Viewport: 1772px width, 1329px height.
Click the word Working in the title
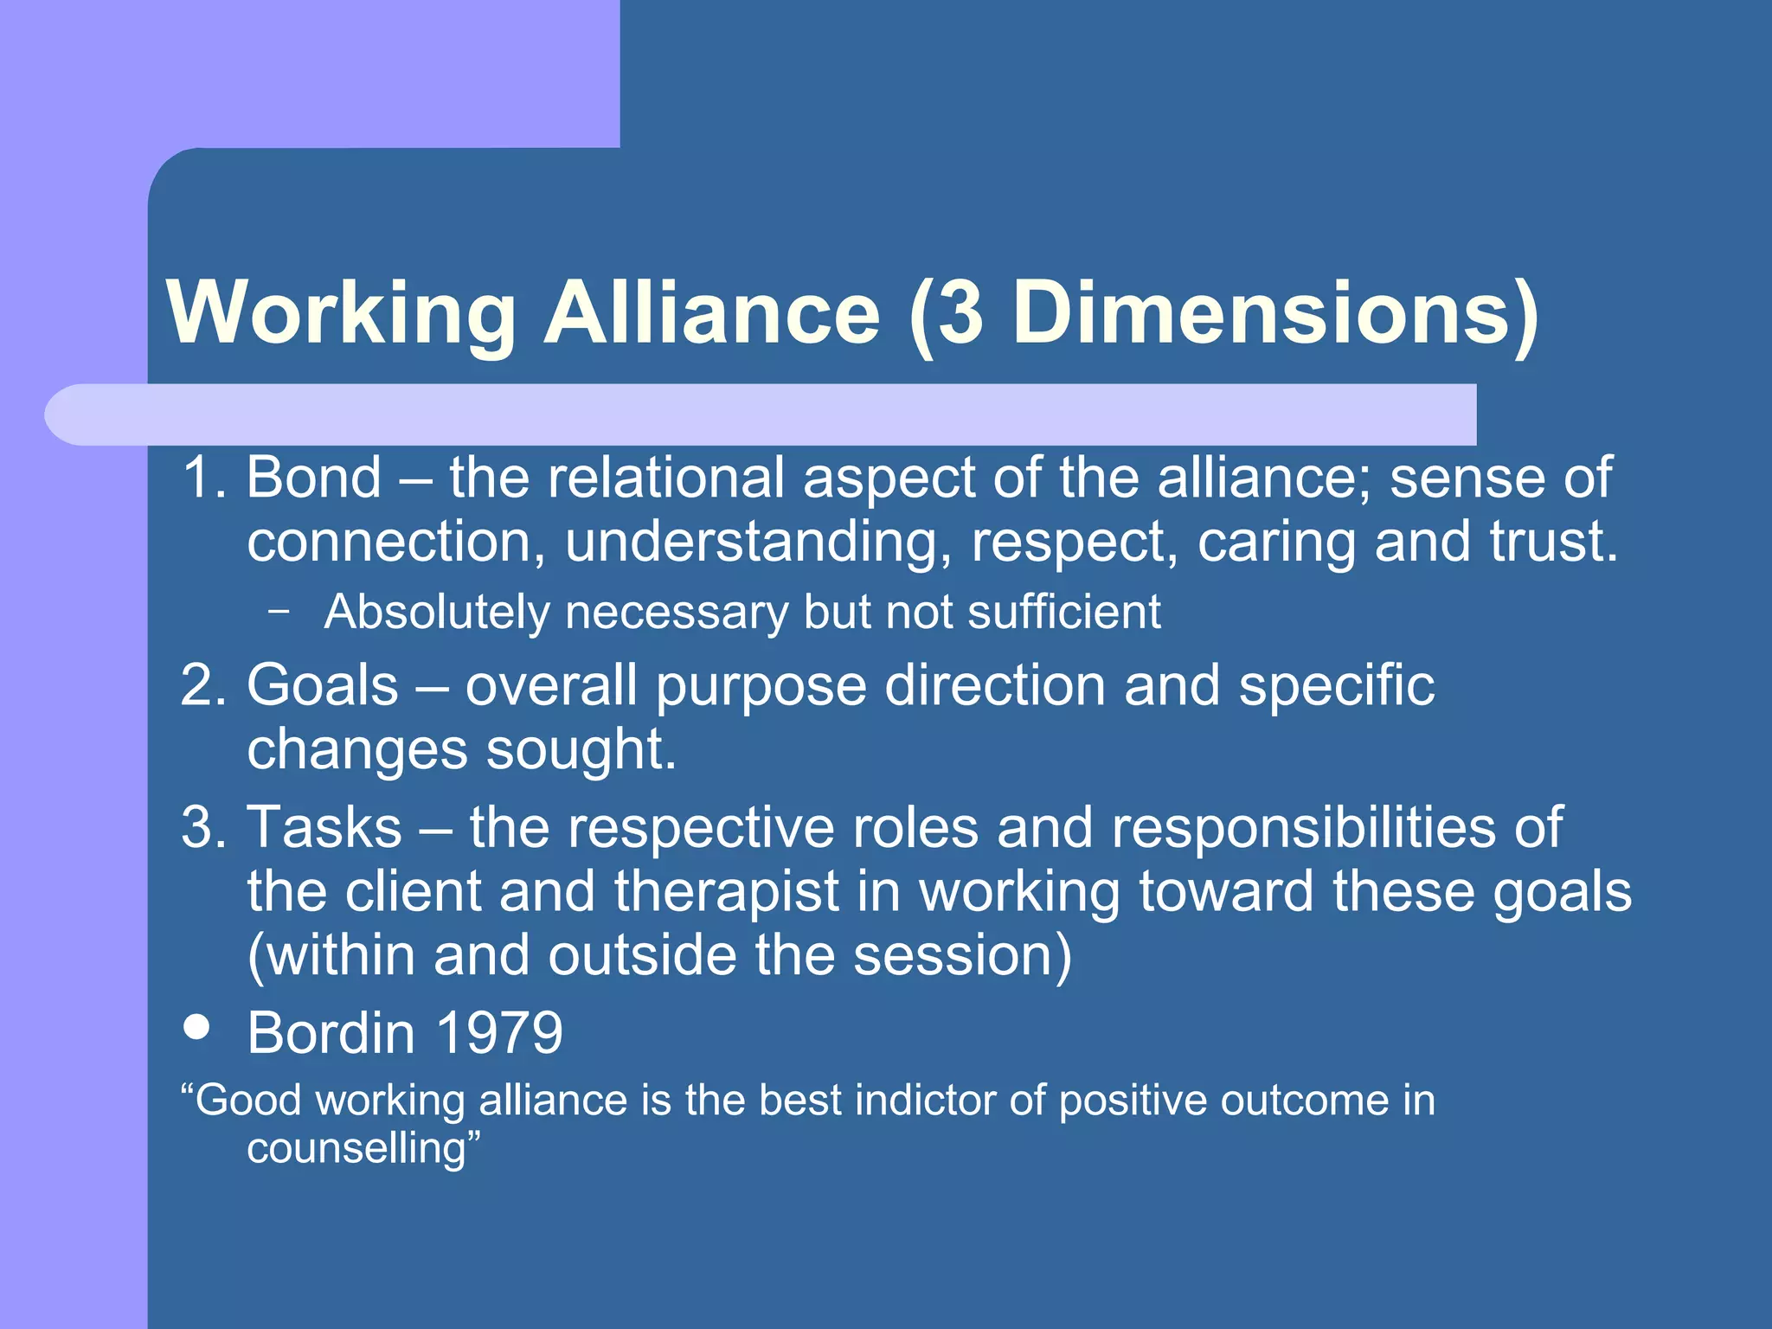tap(342, 313)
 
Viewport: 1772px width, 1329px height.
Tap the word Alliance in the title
tap(712, 313)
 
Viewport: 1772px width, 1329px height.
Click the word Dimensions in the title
tap(1263, 313)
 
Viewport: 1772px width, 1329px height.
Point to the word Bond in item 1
tap(314, 478)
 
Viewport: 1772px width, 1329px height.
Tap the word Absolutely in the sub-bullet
tap(436, 613)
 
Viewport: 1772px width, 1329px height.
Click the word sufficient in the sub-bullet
tap(1063, 613)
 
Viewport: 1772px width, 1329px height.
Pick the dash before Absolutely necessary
tap(278, 611)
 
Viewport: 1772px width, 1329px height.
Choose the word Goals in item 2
tap(323, 685)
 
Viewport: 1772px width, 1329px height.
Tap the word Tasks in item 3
tap(324, 827)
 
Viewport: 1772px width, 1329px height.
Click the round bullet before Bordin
tap(197, 1027)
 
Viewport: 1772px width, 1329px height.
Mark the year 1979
tap(498, 1033)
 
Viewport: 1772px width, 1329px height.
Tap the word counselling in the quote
tap(356, 1149)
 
